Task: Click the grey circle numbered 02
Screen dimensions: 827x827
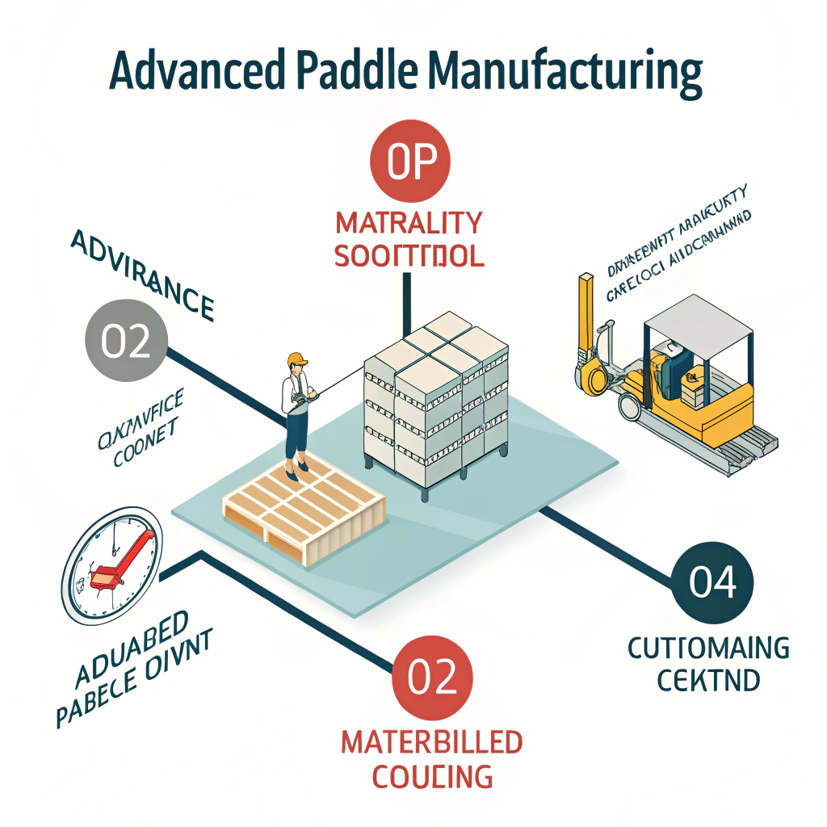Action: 126,341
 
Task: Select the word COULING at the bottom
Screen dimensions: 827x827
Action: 431,776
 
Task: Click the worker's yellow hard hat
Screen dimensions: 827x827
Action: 297,358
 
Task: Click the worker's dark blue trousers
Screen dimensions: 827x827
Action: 296,440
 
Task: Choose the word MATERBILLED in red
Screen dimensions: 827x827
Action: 430,741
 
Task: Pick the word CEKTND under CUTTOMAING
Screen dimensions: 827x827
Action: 708,680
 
